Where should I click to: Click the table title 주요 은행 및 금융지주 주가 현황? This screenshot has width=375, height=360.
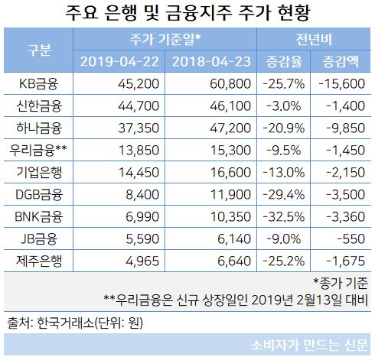(x=187, y=13)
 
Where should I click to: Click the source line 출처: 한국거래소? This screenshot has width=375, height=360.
(x=77, y=322)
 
